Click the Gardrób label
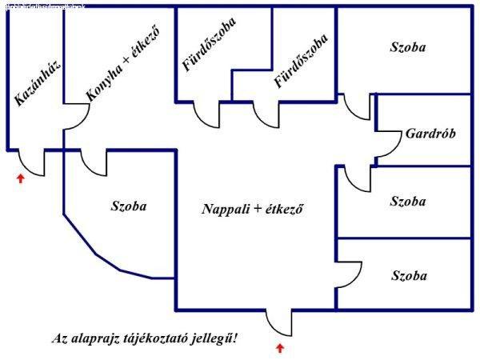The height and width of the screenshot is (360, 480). click(430, 134)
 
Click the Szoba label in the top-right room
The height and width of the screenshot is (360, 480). click(408, 47)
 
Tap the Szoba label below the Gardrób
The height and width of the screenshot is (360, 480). click(408, 201)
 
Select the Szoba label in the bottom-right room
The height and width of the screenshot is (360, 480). click(408, 275)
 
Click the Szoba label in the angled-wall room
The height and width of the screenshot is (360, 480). click(129, 206)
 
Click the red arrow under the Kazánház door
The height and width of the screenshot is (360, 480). click(21, 178)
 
